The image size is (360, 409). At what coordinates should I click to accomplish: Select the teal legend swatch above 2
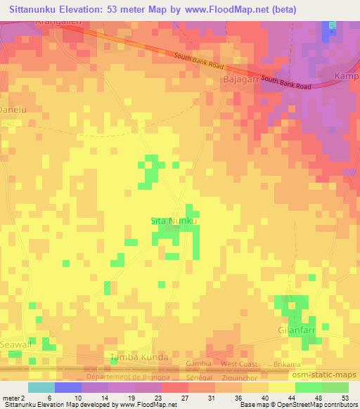[41, 387]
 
